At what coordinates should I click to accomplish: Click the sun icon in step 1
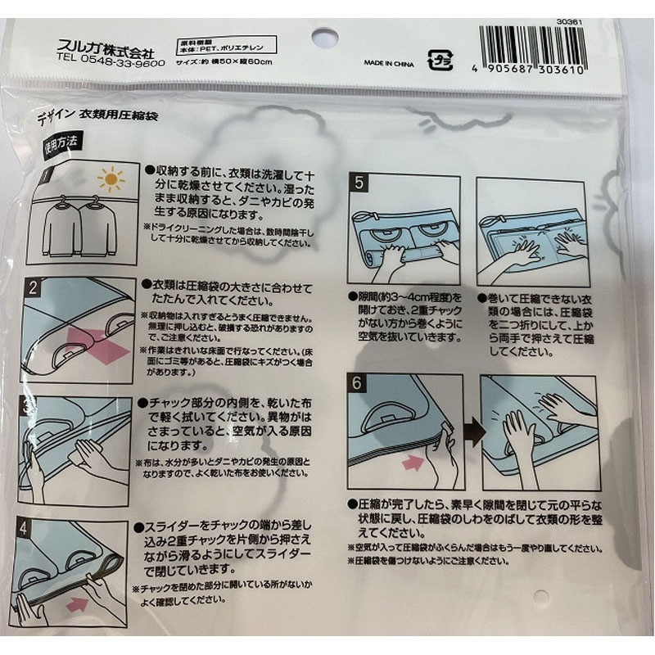pos(111,178)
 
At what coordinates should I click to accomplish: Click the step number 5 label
pos(359,185)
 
